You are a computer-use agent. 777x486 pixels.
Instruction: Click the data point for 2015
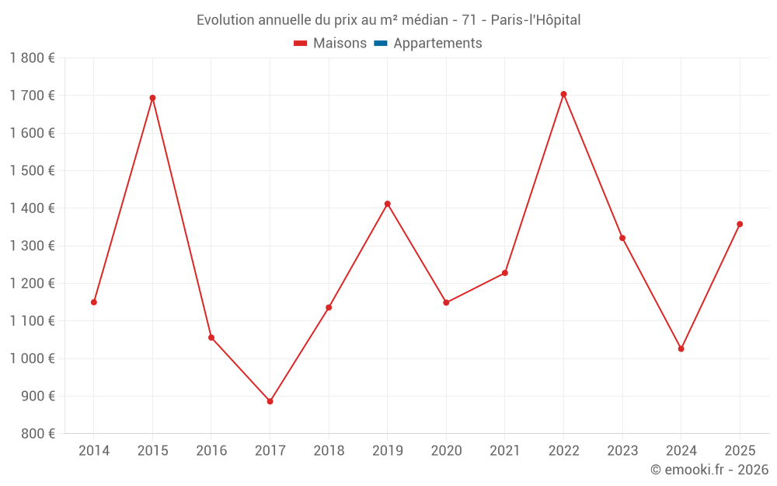[152, 98]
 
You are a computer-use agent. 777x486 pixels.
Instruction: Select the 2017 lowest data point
[270, 401]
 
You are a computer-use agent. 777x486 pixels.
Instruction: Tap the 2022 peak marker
[563, 94]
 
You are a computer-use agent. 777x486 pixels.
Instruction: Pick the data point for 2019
[387, 204]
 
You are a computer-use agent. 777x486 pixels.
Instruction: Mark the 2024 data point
[681, 348]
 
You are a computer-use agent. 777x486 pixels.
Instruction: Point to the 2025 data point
[740, 224]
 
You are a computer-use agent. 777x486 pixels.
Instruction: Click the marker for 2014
[94, 302]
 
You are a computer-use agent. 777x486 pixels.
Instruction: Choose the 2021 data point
[505, 273]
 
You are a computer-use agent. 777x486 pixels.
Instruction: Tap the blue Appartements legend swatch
[381, 44]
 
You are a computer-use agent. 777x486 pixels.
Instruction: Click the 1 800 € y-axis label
[33, 58]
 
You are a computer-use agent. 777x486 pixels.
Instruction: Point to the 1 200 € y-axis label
[33, 284]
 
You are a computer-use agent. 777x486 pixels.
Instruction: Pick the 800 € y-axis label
[37, 434]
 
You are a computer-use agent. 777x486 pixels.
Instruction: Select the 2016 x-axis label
[211, 451]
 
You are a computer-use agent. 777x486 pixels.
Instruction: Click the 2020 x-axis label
[446, 451]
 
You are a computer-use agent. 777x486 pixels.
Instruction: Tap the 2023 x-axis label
[622, 451]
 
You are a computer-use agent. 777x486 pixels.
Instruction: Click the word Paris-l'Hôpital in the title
[535, 20]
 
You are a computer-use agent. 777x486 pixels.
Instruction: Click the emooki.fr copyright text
[709, 470]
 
